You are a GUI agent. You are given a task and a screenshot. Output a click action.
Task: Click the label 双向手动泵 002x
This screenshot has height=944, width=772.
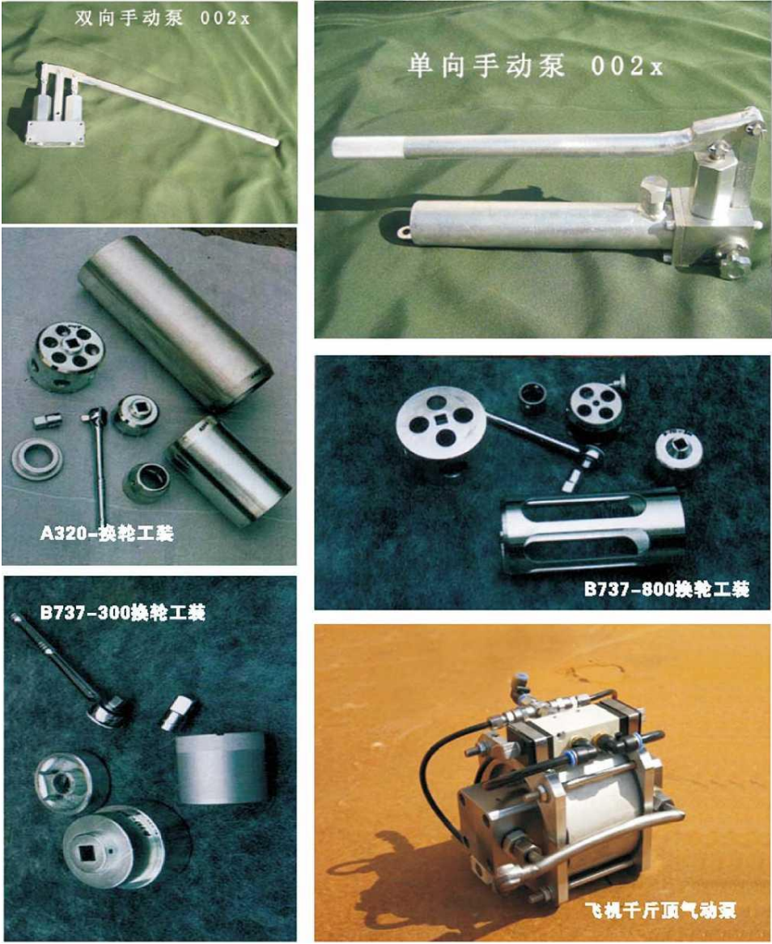[162, 18]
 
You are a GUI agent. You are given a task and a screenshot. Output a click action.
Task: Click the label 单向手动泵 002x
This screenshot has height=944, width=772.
[535, 65]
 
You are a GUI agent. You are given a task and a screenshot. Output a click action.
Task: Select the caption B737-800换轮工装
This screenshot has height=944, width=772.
[667, 589]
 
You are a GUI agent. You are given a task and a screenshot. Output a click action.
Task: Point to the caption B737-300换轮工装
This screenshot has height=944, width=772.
[123, 612]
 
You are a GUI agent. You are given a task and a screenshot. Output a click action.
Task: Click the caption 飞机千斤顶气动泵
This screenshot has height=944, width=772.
[660, 909]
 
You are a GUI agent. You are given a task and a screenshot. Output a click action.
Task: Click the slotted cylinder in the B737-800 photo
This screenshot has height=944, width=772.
[592, 532]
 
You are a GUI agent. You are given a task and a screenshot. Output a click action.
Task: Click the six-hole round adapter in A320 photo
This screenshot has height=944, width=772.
[66, 356]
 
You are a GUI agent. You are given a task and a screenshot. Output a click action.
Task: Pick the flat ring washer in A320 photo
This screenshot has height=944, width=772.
[36, 459]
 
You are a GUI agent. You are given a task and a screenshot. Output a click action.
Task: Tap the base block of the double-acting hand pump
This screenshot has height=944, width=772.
[55, 131]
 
